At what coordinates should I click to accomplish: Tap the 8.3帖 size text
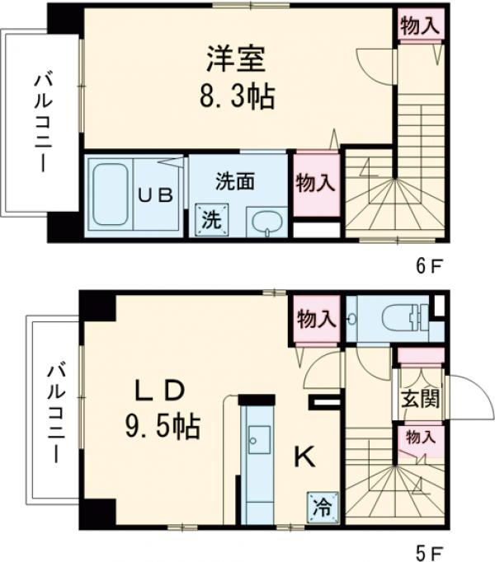(235, 97)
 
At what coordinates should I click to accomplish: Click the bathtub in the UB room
(109, 194)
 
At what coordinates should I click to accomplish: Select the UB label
(154, 195)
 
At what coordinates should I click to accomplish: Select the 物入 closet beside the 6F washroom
(315, 182)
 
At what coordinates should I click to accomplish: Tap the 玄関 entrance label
(420, 399)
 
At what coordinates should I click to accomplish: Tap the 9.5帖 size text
(162, 426)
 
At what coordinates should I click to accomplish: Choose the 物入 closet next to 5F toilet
(315, 317)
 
